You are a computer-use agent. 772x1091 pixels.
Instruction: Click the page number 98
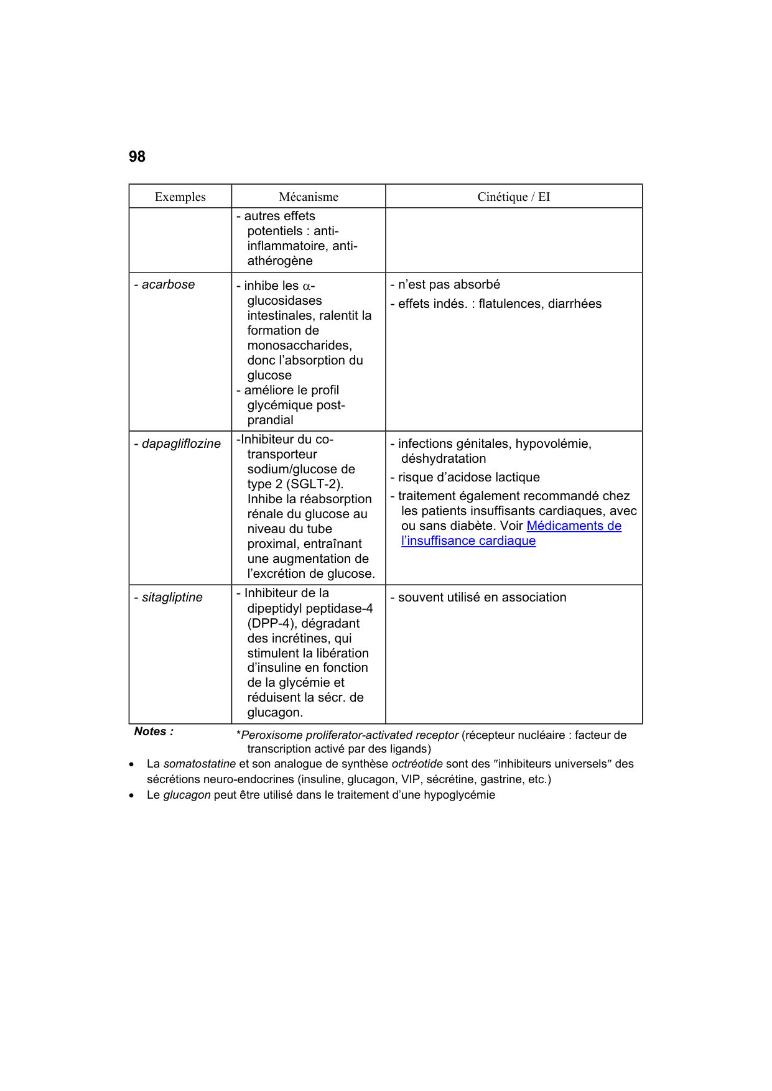(x=137, y=157)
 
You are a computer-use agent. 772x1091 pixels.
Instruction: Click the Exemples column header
(x=180, y=197)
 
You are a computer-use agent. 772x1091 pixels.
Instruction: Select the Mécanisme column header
(x=309, y=197)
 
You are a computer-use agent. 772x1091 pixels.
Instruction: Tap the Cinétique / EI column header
(x=513, y=197)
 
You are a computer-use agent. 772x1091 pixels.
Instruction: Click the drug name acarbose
(x=168, y=284)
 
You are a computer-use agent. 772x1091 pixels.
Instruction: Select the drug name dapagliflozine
(x=181, y=443)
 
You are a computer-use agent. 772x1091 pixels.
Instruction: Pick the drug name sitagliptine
(x=172, y=597)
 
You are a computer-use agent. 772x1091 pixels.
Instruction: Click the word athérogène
(x=280, y=261)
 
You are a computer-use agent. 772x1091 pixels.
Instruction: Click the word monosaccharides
(x=299, y=345)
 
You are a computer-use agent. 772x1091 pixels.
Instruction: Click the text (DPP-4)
(x=272, y=623)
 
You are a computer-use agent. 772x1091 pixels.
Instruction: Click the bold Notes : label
(x=154, y=731)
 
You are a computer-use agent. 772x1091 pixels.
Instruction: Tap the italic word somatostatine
(x=199, y=764)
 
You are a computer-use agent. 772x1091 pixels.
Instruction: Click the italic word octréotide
(x=417, y=764)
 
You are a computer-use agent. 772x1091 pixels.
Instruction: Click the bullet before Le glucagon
(x=131, y=796)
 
